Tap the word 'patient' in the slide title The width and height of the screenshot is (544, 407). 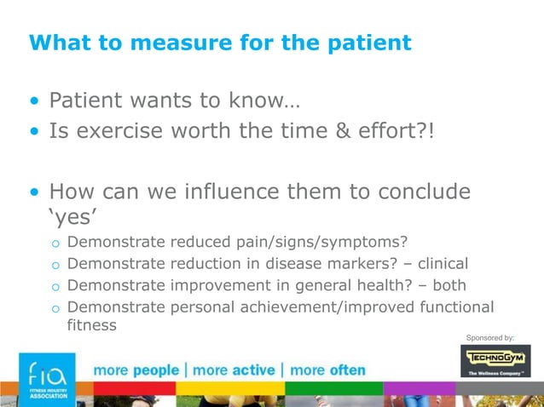pos(367,42)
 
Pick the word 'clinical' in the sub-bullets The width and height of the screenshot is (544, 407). pos(437,264)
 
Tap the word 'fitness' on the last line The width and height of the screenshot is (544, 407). pos(91,325)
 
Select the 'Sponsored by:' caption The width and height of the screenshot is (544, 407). pos(489,338)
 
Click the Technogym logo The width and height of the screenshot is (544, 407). pos(495,361)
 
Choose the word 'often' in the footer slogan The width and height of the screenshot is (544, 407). pos(347,371)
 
